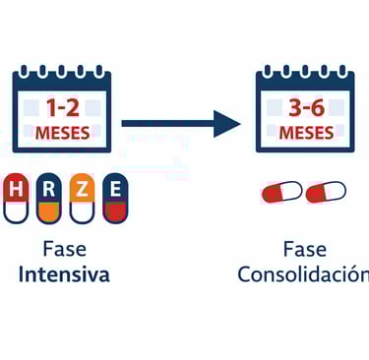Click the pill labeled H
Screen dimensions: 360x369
click(x=17, y=200)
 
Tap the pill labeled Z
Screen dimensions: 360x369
click(x=82, y=200)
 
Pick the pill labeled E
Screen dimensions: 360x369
click(x=115, y=200)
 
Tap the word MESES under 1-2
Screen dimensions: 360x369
click(x=64, y=133)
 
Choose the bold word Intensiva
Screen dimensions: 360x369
click(x=64, y=274)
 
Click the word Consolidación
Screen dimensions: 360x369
click(x=304, y=274)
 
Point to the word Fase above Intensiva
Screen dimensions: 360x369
click(x=64, y=249)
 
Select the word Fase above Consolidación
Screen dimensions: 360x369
click(x=304, y=249)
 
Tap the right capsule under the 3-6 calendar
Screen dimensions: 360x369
click(x=326, y=192)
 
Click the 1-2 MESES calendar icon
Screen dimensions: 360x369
click(x=64, y=109)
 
